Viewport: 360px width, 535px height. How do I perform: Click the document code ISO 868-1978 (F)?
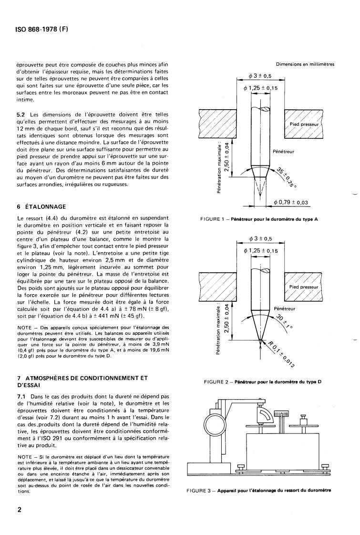pos(42,30)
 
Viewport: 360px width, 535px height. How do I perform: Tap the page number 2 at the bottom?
pos(19,510)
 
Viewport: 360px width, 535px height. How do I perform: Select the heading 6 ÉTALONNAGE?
pos(41,207)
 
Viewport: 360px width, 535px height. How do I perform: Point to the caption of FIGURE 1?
pos(259,219)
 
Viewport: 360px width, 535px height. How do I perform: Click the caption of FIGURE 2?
pos(262,382)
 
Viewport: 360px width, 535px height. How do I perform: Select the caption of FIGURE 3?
pos(258,491)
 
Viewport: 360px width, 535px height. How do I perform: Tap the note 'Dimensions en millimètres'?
pos(305,64)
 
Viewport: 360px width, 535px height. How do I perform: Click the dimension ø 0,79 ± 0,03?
pos(291,202)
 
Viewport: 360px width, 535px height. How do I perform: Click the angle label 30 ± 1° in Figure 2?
pos(284,321)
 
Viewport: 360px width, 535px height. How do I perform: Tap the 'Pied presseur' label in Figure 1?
pos(304,124)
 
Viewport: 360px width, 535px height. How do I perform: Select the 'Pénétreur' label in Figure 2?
pos(285,309)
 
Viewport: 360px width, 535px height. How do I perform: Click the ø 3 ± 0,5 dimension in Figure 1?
pos(260,76)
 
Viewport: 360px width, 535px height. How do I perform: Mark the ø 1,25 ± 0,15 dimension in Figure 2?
pos(261,251)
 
